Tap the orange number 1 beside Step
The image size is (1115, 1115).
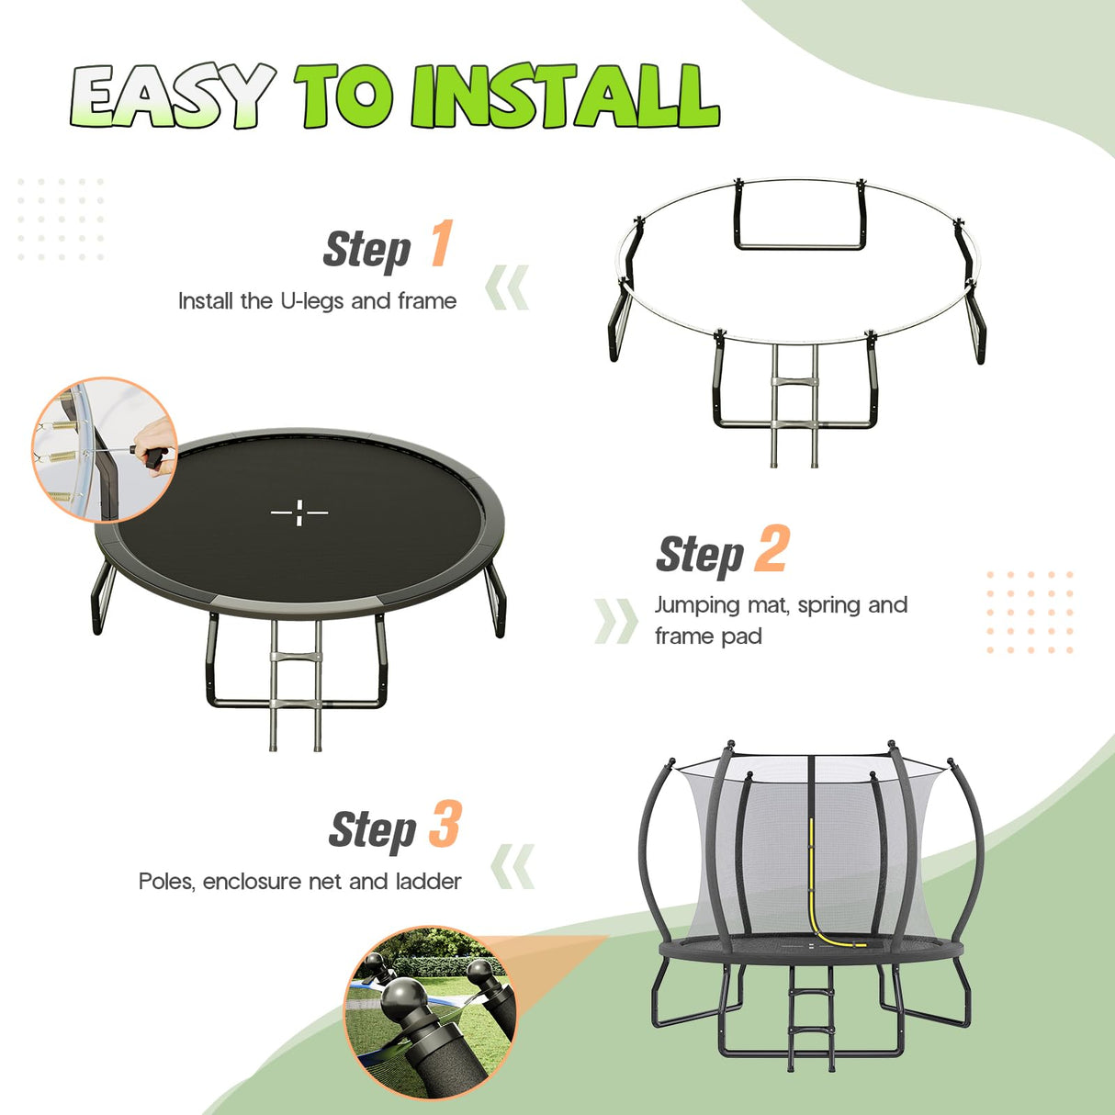[442, 244]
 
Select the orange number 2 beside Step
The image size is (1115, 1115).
[771, 549]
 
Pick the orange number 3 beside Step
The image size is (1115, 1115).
[445, 825]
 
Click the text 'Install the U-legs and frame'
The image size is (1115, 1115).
[317, 301]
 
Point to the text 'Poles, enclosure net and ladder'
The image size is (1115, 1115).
[299, 882]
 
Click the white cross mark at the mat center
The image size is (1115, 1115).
[299, 512]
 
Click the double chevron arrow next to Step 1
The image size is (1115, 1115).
[508, 287]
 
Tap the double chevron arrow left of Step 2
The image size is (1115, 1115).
[615, 621]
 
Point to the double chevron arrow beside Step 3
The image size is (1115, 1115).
[512, 867]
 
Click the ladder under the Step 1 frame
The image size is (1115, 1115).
[794, 404]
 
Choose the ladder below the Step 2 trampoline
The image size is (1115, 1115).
[294, 684]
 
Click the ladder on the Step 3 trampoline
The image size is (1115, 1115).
[812, 1019]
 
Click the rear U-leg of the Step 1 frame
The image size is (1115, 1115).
[799, 218]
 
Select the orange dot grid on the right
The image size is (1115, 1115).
[1030, 612]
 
